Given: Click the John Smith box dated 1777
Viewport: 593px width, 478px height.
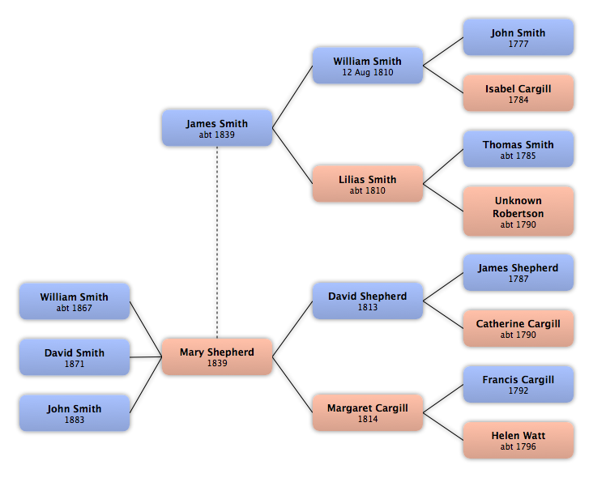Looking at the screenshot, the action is [x=518, y=37].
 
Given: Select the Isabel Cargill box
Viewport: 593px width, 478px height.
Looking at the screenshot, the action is [x=518, y=93].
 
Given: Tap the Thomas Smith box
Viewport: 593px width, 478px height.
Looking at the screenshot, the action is [x=518, y=149].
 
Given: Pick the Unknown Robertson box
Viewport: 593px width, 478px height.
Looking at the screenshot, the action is [x=518, y=211].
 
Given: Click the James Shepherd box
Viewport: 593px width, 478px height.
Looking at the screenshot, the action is [x=518, y=273].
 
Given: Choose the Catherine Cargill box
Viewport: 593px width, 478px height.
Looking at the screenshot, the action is [x=518, y=328].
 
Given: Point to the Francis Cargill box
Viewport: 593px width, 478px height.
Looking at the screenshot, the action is [x=518, y=384].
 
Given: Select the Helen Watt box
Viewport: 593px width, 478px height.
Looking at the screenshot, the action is [x=518, y=440].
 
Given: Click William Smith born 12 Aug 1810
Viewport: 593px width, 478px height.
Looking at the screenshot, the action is [x=368, y=66].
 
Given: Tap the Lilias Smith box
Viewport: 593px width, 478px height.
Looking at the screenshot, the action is [x=368, y=183].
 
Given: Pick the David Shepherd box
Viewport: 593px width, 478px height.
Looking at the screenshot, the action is [x=368, y=301].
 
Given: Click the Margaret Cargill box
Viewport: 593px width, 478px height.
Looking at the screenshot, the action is [x=368, y=412].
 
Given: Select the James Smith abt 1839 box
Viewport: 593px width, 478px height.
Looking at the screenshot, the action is [x=217, y=128].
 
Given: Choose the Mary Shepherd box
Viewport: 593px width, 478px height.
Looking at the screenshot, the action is [x=217, y=356].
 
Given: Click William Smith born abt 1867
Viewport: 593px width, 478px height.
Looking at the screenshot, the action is [x=75, y=301].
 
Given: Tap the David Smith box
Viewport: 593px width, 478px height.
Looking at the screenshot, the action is [x=75, y=357].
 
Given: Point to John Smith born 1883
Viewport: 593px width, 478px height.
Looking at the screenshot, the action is [x=75, y=413].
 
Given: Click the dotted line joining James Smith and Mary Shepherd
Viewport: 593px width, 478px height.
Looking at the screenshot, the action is [x=217, y=242].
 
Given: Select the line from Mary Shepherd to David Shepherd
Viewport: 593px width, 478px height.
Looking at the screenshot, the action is [x=292, y=329].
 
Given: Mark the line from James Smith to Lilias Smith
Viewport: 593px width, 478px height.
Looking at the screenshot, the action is [x=292, y=156].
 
